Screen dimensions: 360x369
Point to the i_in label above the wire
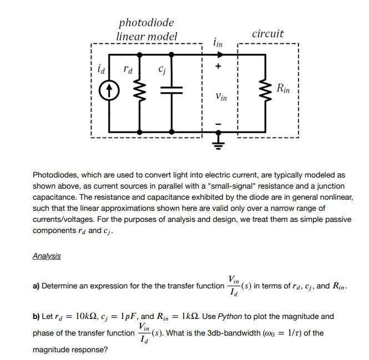[x=218, y=43]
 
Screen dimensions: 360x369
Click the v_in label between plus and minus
[x=221, y=97]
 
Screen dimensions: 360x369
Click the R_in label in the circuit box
[x=282, y=88]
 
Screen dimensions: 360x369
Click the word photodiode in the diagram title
[x=146, y=23]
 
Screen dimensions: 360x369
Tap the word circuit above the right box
[x=267, y=34]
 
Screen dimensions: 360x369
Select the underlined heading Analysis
[x=47, y=256]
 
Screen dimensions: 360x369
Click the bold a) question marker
[x=36, y=286]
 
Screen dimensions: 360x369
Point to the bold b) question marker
[x=36, y=317]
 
